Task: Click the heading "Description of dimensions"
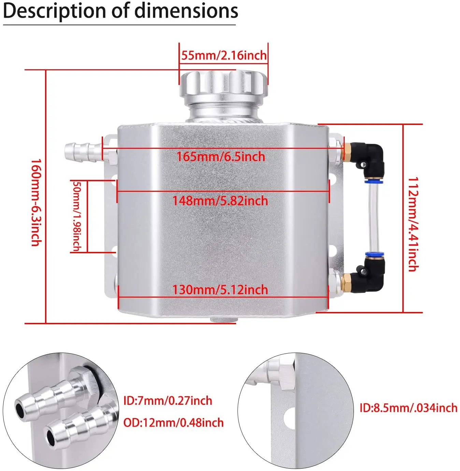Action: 120,11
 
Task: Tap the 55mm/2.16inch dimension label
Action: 224,55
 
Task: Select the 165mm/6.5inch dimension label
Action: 221,157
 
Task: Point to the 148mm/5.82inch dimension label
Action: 220,201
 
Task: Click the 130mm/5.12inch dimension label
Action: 220,290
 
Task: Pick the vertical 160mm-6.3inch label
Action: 36,202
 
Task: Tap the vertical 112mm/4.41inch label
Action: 413,224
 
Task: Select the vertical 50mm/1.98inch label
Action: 77,216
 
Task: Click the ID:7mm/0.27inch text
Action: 168,400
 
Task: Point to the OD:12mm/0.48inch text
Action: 173,423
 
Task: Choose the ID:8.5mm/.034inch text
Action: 408,408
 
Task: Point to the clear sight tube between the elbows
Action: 374,218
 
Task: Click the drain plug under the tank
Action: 224,320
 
